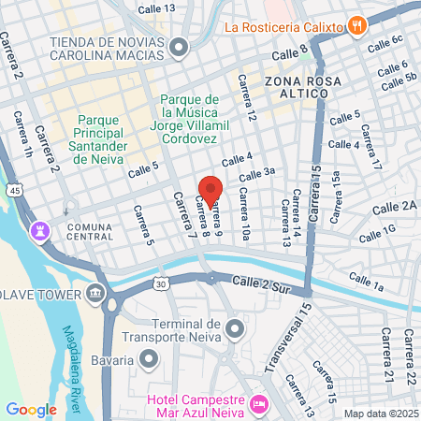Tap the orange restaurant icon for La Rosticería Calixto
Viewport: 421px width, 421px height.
[x=356, y=25]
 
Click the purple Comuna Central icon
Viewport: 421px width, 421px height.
[x=39, y=229]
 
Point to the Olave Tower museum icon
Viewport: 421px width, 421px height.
[x=95, y=296]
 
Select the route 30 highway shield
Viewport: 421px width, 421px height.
[x=161, y=282]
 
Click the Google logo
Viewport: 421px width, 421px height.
[x=31, y=409]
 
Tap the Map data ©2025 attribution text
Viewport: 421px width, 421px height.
[x=379, y=414]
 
